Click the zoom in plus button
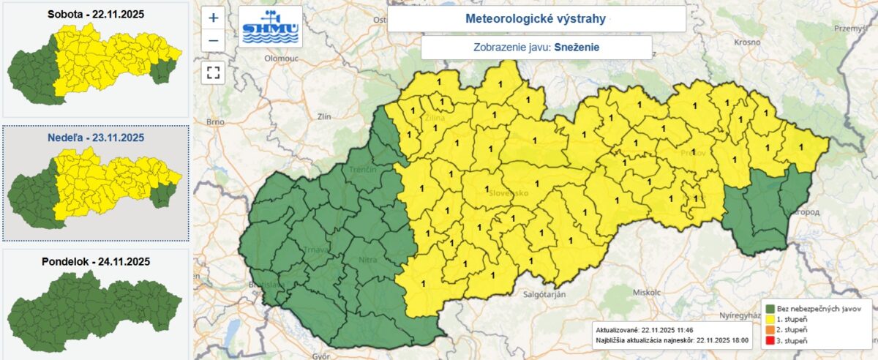pyautogui.click(x=213, y=18)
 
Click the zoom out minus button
pyautogui.click(x=213, y=40)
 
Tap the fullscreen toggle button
pyautogui.click(x=213, y=72)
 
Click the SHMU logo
pyautogui.click(x=271, y=27)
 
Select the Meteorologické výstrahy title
pyautogui.click(x=536, y=19)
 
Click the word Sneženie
pyautogui.click(x=577, y=48)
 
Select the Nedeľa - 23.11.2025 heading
pyautogui.click(x=95, y=137)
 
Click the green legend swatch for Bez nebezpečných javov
pyautogui.click(x=769, y=309)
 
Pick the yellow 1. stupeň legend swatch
pyautogui.click(x=769, y=320)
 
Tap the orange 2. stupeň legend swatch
pyautogui.click(x=769, y=331)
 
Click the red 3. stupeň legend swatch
pyautogui.click(x=769, y=342)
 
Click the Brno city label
pyautogui.click(x=214, y=121)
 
